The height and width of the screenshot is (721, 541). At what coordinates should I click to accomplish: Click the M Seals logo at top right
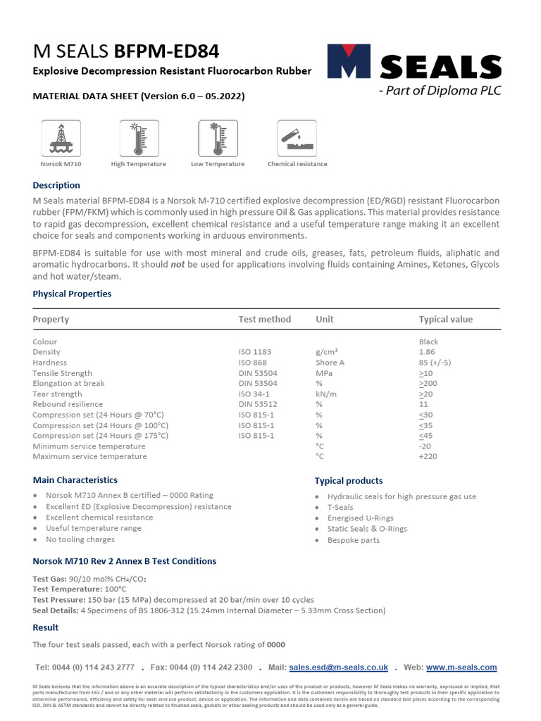point(414,69)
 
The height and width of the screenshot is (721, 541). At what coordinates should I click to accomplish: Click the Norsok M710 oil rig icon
point(61,138)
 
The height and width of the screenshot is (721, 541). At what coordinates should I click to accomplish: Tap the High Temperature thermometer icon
point(139,138)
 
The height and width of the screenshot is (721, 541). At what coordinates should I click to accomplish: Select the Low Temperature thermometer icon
point(218,138)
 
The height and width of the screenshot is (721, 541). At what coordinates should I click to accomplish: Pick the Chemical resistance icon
point(297,138)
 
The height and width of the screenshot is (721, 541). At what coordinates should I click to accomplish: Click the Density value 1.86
point(427,352)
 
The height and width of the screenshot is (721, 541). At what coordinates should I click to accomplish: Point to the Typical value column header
point(446,319)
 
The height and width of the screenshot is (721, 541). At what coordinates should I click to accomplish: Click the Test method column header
point(265,319)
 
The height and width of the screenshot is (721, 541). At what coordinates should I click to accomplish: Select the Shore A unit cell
point(330,363)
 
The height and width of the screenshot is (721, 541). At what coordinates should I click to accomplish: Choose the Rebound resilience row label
point(68,405)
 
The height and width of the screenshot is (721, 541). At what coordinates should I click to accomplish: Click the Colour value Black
point(428,341)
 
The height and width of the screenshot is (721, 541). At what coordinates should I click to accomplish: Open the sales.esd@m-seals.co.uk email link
point(339,667)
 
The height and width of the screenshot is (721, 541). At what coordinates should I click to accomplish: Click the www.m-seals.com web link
point(461,667)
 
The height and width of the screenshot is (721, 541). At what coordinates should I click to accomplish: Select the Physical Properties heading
point(72,294)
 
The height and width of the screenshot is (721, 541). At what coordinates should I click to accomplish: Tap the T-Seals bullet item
point(340,507)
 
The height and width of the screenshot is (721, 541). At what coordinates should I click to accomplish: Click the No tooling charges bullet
point(80,539)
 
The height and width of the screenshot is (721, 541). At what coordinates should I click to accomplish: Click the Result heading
point(46,627)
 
